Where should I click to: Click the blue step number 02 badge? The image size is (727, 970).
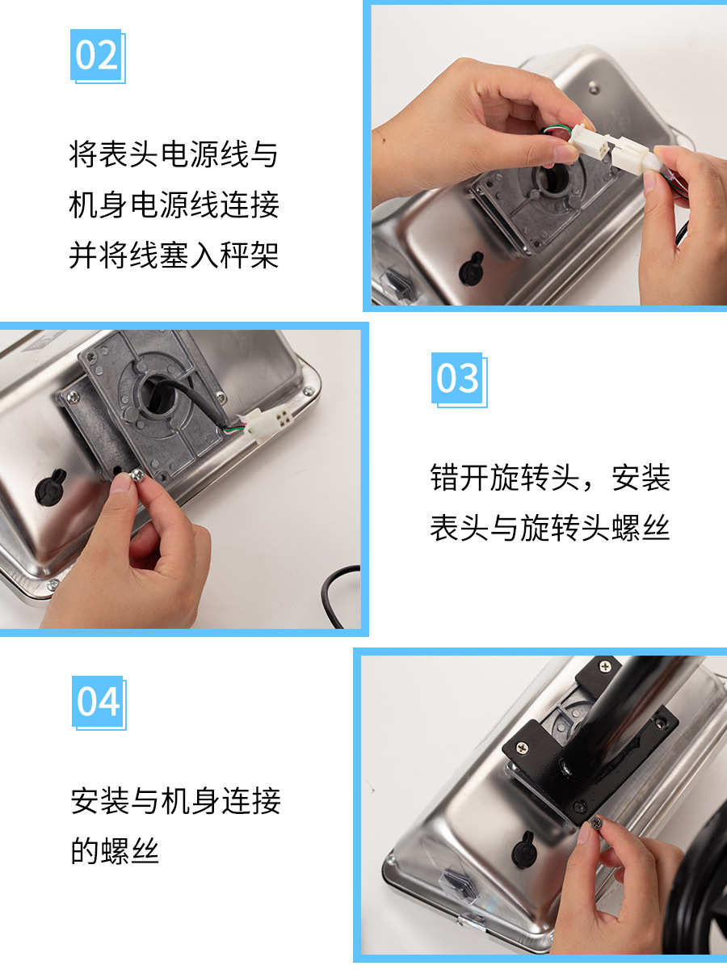(x=98, y=56)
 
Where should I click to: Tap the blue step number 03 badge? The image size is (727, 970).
(x=459, y=380)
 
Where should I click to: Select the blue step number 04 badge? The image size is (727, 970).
(x=99, y=702)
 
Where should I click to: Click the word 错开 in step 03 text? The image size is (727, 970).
(x=460, y=478)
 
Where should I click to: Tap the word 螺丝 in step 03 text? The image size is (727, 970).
(x=641, y=528)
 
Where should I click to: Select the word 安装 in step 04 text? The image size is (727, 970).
(x=100, y=801)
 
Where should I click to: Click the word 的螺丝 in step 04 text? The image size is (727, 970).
(x=115, y=850)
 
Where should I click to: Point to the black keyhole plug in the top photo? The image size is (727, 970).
(x=471, y=268)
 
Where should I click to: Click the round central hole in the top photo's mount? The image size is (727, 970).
(x=553, y=179)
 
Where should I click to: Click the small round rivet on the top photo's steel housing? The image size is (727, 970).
(x=595, y=87)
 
